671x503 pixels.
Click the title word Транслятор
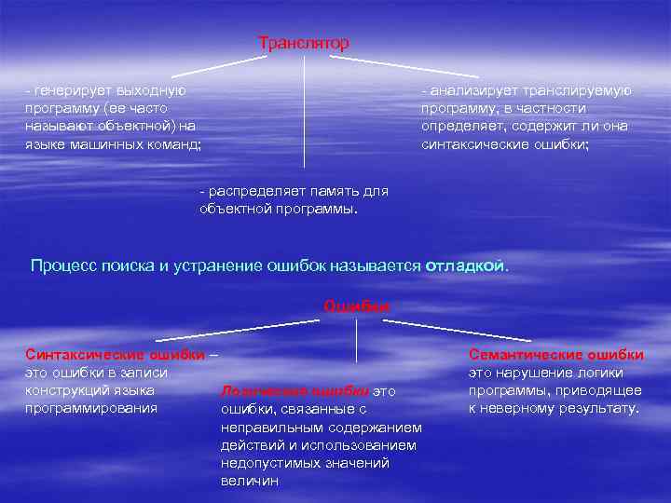(304, 43)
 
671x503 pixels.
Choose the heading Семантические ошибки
(556, 355)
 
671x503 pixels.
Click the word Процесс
(62, 265)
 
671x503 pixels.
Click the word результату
(591, 408)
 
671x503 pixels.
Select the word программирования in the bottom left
(91, 408)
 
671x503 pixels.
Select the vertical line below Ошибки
(357, 340)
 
